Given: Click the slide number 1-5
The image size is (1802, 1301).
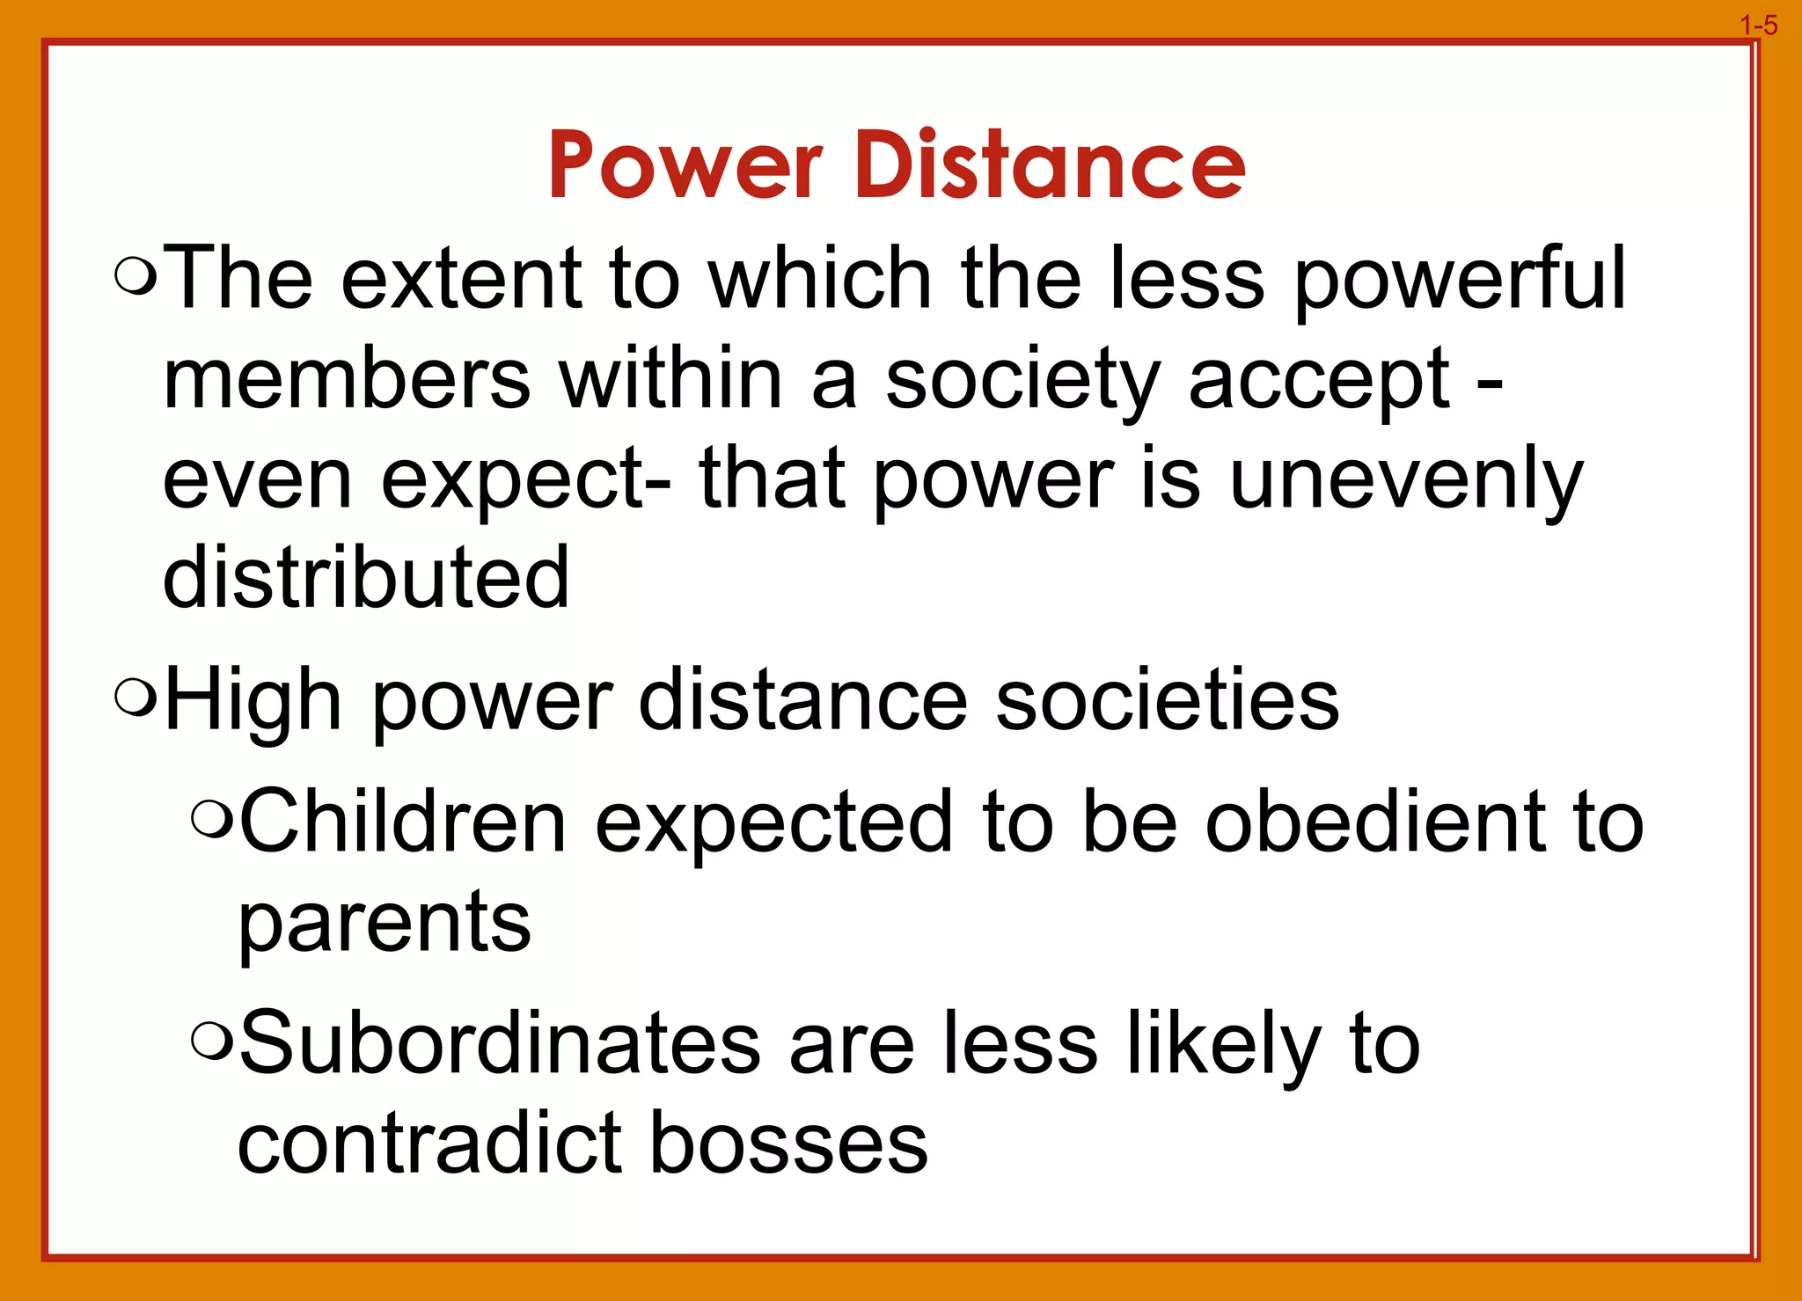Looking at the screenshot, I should click(x=1758, y=26).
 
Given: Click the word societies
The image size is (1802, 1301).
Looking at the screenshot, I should click(x=1167, y=700).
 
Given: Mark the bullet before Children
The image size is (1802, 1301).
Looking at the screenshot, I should click(x=211, y=820).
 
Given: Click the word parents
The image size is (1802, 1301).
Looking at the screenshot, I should click(x=385, y=924).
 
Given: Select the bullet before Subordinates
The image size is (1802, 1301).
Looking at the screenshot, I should click(x=211, y=1042).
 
